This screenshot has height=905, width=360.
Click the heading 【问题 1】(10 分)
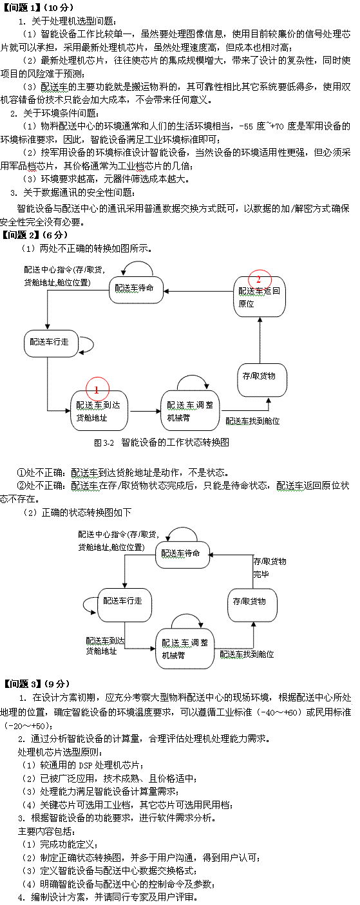point(37,7)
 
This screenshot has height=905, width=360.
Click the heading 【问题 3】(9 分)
point(35,684)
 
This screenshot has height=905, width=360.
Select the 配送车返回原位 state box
point(260,297)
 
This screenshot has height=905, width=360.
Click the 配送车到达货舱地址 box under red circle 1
point(99,411)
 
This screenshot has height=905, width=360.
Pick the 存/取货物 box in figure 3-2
point(262,380)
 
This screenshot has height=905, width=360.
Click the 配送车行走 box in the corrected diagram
point(125,605)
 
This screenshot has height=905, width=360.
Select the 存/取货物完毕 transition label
point(269,567)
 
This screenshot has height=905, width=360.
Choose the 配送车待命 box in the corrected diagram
point(182,553)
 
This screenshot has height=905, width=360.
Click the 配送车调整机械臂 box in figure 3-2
point(190,411)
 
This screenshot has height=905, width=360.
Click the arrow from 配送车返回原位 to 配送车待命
point(198,291)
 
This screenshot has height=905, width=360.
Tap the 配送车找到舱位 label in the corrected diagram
point(247,654)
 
